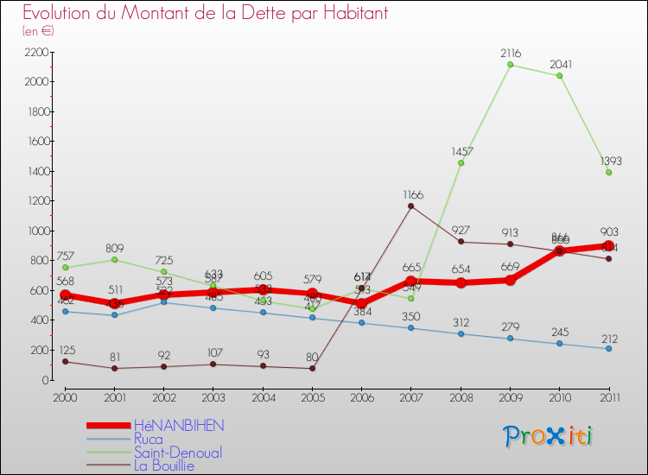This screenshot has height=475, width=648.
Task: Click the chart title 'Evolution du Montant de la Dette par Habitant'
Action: pyautogui.click(x=206, y=13)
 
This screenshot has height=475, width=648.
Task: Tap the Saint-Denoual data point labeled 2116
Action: pyautogui.click(x=510, y=65)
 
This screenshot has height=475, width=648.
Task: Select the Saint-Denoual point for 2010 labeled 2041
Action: pyautogui.click(x=559, y=76)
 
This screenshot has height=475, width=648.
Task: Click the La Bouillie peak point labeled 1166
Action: pyautogui.click(x=410, y=206)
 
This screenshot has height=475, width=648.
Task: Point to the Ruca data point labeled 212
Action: pyautogui.click(x=608, y=348)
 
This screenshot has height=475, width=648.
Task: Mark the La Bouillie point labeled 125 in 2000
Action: pyautogui.click(x=65, y=361)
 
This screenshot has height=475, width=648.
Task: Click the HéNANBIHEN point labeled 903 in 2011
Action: pyautogui.click(x=608, y=245)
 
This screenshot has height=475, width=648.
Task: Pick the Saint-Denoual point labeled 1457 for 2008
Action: pyautogui.click(x=461, y=162)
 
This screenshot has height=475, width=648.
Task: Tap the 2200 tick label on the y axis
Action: pyautogui.click(x=36, y=52)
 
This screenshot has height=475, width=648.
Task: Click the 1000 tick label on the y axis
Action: pyautogui.click(x=36, y=231)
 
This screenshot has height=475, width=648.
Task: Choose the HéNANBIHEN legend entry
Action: pyautogui.click(x=178, y=426)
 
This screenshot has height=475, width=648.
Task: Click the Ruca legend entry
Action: pyautogui.click(x=149, y=439)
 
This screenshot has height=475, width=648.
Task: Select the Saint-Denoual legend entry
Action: pyautogui.click(x=177, y=453)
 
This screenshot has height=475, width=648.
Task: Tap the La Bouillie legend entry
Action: pyautogui.click(x=164, y=465)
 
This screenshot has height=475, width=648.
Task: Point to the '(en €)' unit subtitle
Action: pyautogui.click(x=38, y=31)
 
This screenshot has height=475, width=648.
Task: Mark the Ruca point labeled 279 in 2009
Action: pyautogui.click(x=510, y=339)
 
